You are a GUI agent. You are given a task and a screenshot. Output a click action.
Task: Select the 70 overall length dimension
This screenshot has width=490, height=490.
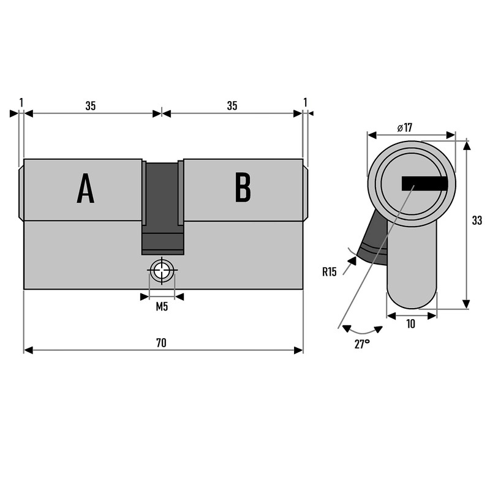(x=161, y=343)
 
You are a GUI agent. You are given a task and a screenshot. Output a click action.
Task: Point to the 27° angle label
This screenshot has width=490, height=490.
(x=362, y=344)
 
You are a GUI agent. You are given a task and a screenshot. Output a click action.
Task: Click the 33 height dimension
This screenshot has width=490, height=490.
(x=477, y=221)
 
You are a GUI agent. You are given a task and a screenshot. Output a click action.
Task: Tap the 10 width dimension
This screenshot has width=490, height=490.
(x=410, y=324)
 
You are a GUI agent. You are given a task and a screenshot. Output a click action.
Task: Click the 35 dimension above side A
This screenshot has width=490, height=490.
(x=90, y=106)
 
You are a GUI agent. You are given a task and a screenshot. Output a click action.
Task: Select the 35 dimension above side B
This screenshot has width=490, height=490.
(x=232, y=106)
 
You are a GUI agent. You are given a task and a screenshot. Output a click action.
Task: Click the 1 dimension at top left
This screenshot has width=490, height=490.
(x=21, y=102)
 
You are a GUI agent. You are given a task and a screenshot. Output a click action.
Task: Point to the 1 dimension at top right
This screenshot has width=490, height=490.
(x=305, y=102)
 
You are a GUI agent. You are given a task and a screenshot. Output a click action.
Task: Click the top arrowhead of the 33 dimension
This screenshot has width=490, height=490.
(x=466, y=145)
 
